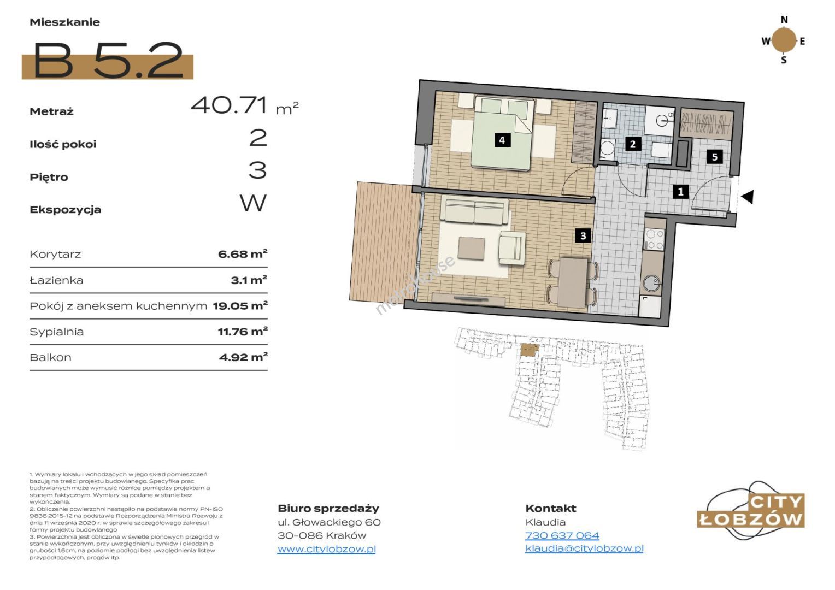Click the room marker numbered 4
point(502,140)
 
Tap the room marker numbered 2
point(633,144)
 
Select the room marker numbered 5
point(715,157)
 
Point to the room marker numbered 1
point(681,192)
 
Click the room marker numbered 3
point(583,235)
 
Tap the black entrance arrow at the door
point(748,197)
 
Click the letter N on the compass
point(784,20)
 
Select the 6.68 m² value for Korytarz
point(243,254)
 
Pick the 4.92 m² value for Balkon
point(243,357)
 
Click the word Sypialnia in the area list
point(57,332)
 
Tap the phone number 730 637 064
point(562,535)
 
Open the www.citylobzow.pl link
point(327,549)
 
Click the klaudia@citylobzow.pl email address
point(585,548)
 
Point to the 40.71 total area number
point(229,105)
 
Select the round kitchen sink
point(651,282)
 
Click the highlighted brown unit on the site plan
point(530,350)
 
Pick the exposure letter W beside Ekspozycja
point(253,203)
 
